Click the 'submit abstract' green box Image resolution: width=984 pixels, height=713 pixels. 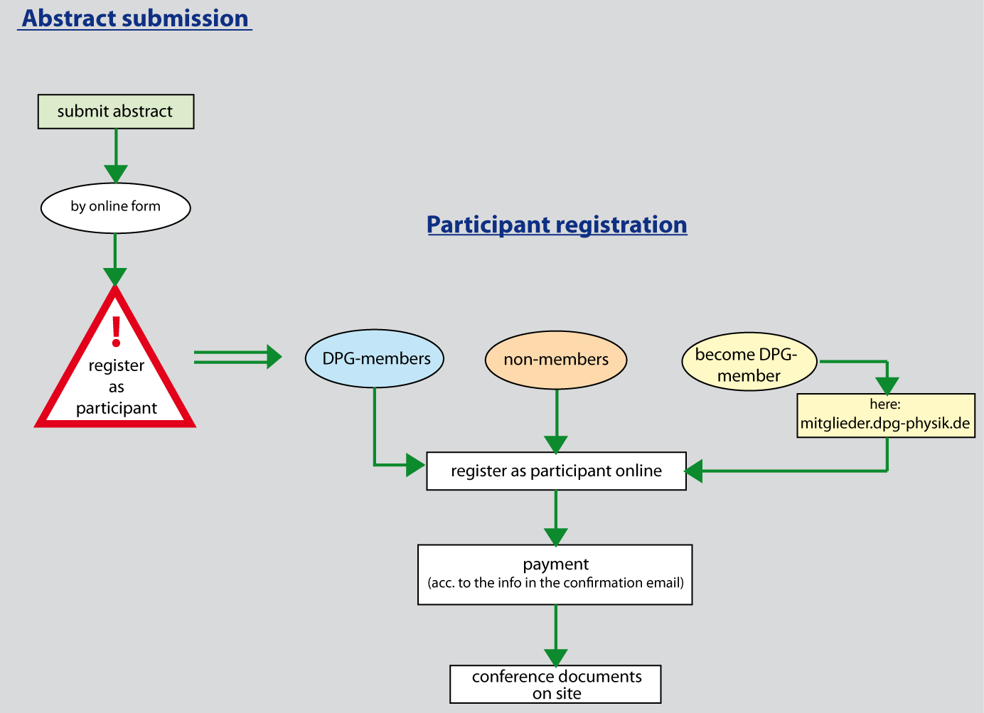coord(115,112)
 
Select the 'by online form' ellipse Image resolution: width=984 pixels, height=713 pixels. coord(116,208)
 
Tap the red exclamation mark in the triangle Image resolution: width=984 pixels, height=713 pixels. coord(117,331)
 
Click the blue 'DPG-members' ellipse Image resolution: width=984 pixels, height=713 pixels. coord(375,358)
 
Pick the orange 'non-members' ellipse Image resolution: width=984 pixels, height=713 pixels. coord(556,360)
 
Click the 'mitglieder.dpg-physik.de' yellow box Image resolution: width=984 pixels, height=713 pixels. coord(885,416)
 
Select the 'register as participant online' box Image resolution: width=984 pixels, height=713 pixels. coord(556,471)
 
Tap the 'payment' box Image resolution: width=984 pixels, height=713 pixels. coord(555,574)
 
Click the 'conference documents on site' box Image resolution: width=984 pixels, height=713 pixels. coord(556,685)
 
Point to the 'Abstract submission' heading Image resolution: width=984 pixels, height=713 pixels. coord(135,18)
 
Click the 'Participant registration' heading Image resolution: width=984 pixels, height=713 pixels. coord(557,225)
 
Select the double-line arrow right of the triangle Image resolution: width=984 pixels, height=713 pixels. coord(238,357)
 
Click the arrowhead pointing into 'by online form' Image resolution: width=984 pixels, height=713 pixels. coord(116,174)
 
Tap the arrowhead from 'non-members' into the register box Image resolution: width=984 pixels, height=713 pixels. coord(556,444)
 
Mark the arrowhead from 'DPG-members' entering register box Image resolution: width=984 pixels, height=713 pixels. coord(415,465)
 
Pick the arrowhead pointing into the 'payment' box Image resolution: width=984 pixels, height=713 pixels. coord(556,537)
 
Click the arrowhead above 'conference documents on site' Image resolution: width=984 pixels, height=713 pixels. coord(556,658)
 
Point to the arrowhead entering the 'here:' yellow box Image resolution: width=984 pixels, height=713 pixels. coord(887,385)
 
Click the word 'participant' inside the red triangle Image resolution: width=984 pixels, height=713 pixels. coord(117,408)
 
